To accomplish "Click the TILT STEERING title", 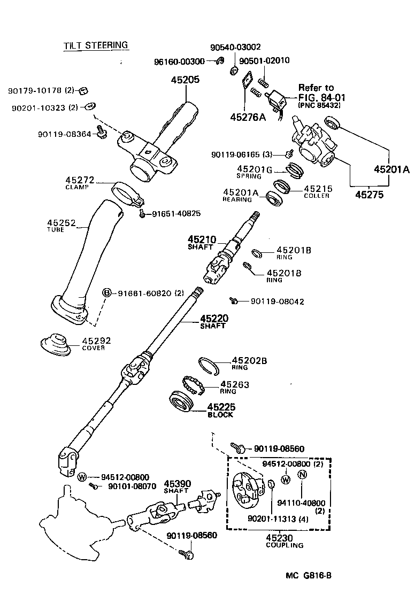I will pyautogui.click(x=96, y=45).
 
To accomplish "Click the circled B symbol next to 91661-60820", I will pyautogui.click(x=106, y=292).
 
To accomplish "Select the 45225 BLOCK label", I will pyautogui.click(x=221, y=410).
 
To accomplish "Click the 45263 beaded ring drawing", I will pyautogui.click(x=192, y=384).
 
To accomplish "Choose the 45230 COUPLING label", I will pyautogui.click(x=284, y=541).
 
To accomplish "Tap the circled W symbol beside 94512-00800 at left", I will pyautogui.click(x=82, y=477).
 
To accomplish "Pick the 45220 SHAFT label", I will pyautogui.click(x=213, y=321).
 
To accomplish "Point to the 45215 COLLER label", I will pyautogui.click(x=318, y=191).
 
